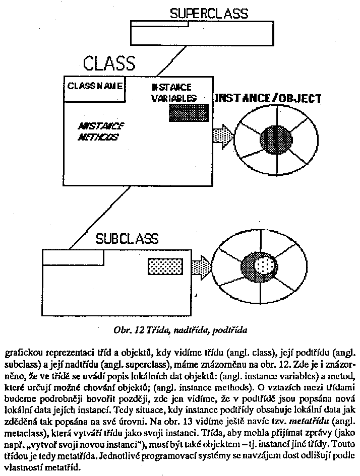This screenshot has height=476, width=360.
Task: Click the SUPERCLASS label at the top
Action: click(x=209, y=14)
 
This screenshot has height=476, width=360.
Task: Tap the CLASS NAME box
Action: click(x=94, y=86)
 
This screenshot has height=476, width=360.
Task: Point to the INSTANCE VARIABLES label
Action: click(x=173, y=93)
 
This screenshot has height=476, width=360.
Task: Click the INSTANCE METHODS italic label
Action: click(x=101, y=131)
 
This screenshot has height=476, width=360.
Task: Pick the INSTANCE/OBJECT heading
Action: click(x=268, y=98)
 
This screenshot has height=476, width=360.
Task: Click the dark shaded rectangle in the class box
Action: click(x=188, y=113)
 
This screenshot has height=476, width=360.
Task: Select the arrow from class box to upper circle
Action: click(x=222, y=137)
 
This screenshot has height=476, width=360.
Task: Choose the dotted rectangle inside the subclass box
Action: click(x=161, y=265)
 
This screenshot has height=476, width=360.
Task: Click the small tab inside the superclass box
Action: click(x=159, y=23)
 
